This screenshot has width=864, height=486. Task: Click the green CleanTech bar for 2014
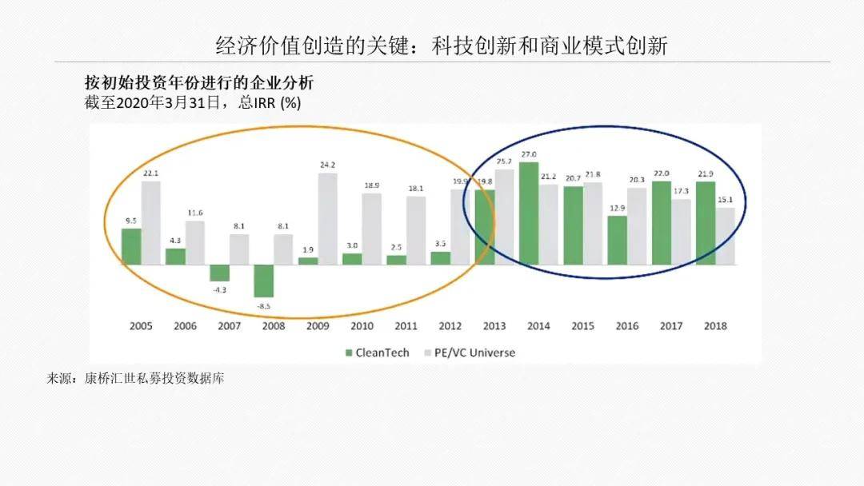coord(529,213)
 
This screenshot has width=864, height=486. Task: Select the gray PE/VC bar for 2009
coord(327,219)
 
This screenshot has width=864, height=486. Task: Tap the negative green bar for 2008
coord(263,281)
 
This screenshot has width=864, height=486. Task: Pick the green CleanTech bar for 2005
coord(131,246)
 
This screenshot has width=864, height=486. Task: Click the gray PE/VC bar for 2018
coord(725,236)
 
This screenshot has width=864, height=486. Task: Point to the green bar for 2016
coord(617,241)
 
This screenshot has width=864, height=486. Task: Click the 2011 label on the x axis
coord(406,326)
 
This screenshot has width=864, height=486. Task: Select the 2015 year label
coord(582,326)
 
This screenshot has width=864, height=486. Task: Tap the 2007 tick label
coord(230,326)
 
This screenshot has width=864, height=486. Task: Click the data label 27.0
coord(529,154)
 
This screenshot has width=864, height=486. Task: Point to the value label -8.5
coord(264,306)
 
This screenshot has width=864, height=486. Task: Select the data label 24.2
coord(328,165)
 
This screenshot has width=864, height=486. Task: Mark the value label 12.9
coord(618,208)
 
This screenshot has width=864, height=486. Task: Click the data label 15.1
coord(726,200)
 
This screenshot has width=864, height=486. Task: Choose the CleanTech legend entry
coord(378,353)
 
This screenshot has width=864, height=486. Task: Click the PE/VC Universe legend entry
coord(470,353)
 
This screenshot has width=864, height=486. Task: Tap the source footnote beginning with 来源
coord(135,379)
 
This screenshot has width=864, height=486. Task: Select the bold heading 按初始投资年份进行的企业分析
coord(199,82)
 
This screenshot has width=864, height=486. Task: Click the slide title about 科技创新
coord(442,45)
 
